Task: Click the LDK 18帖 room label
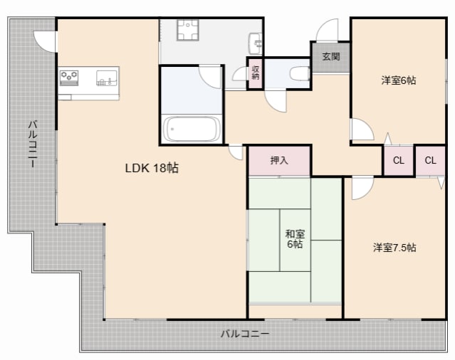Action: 152,169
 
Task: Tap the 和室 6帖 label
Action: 294,239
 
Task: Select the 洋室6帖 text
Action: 398,80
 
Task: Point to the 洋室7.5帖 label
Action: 394,248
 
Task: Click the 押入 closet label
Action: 279,161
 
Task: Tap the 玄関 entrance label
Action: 330,57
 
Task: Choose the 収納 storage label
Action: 255,73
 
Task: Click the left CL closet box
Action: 399,160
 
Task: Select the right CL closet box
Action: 430,160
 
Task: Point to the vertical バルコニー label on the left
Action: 32,143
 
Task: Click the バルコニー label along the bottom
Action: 244,333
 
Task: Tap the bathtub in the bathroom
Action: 191,129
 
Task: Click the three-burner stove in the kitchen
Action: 70,76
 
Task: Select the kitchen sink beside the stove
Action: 105,77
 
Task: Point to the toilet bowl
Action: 298,73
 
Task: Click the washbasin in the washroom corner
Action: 256,41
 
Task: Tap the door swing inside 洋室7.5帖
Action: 361,186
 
